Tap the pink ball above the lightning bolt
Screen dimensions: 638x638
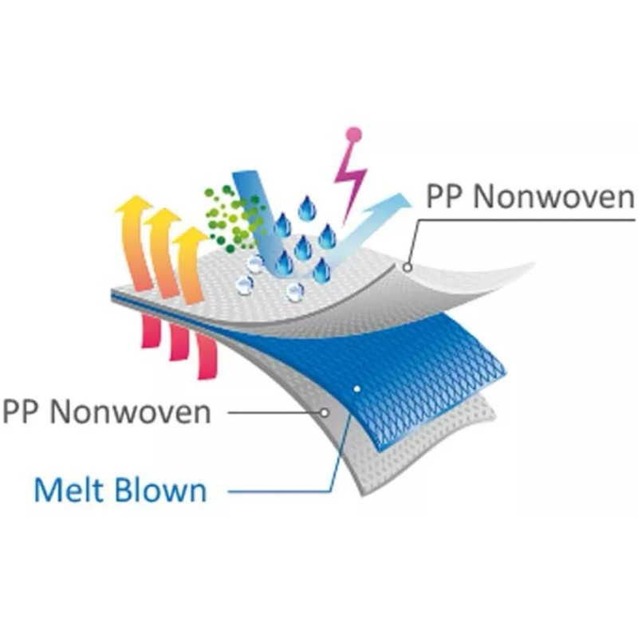tap(354, 135)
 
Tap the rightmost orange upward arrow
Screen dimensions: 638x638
tap(191, 263)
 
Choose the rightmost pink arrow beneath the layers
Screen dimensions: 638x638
tap(207, 355)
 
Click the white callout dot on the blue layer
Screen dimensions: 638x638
tap(356, 389)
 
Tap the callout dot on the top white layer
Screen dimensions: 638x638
tap(408, 268)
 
